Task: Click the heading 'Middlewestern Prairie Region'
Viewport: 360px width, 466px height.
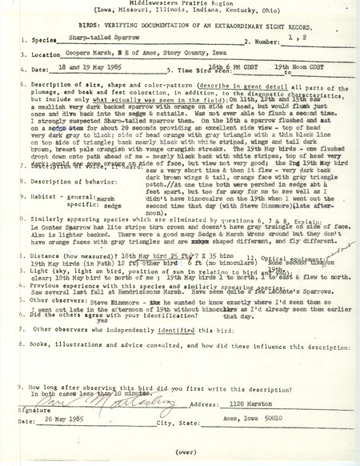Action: pyautogui.click(x=178, y=6)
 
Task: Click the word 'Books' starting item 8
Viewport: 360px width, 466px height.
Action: pyautogui.click(x=40, y=343)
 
